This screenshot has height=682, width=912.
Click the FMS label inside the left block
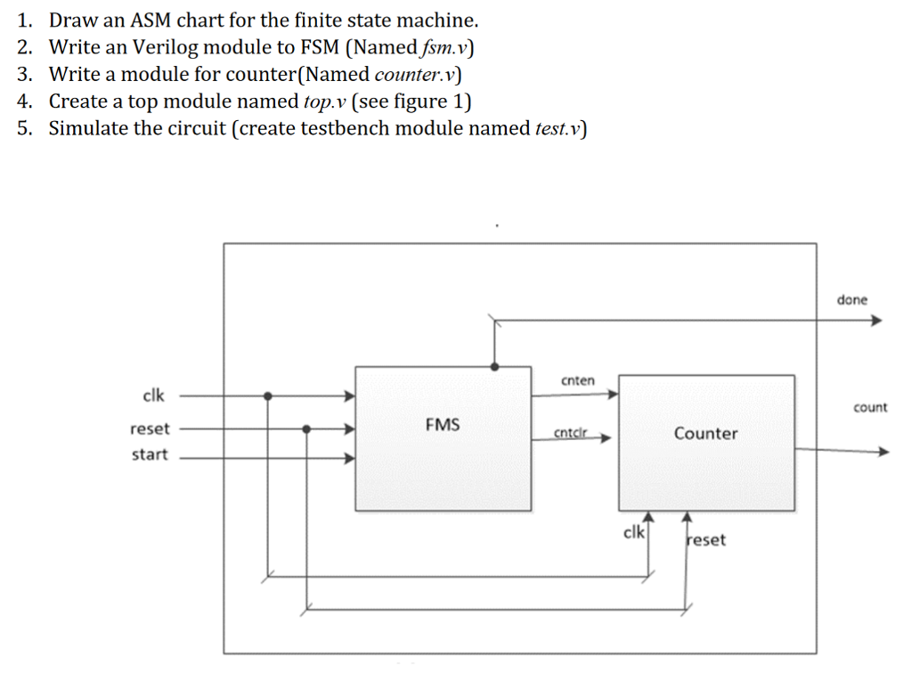pos(443,425)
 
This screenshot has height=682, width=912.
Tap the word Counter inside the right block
pos(705,434)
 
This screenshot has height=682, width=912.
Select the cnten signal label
pos(578,380)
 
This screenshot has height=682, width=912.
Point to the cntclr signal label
pos(571,433)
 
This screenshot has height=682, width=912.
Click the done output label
pos(851,300)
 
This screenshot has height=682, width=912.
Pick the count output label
pos(870,408)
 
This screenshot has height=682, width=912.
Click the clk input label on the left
pos(153,394)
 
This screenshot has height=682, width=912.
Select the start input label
pos(150,455)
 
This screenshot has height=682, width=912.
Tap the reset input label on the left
pos(150,428)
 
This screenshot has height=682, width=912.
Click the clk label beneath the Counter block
pos(633,532)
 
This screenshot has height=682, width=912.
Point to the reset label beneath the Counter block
pos(706,540)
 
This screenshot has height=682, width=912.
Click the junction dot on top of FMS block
pos(494,366)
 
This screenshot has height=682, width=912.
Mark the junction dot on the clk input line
pos(268,396)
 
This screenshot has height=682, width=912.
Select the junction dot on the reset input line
pos(306,428)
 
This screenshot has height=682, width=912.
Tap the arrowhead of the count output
pos(883,451)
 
